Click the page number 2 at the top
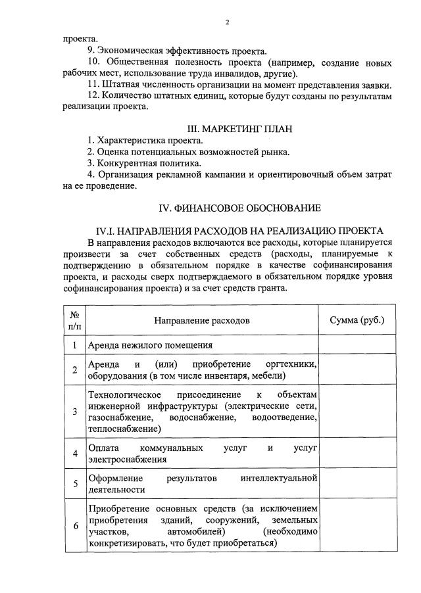[x=227, y=22]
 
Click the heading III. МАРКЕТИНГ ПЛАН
[x=240, y=128]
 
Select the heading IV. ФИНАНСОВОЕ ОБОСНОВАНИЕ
[x=240, y=208]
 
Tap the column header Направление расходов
[x=202, y=321]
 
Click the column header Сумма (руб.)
[x=357, y=320]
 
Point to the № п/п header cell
[x=75, y=321]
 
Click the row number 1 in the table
[x=75, y=345]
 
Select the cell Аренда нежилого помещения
[x=151, y=345]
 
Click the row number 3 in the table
[x=75, y=412]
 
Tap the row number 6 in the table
[x=75, y=526]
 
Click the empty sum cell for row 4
[x=357, y=454]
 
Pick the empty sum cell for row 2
[x=357, y=370]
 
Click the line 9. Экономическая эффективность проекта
[x=177, y=51]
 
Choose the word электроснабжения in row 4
[x=127, y=460]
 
